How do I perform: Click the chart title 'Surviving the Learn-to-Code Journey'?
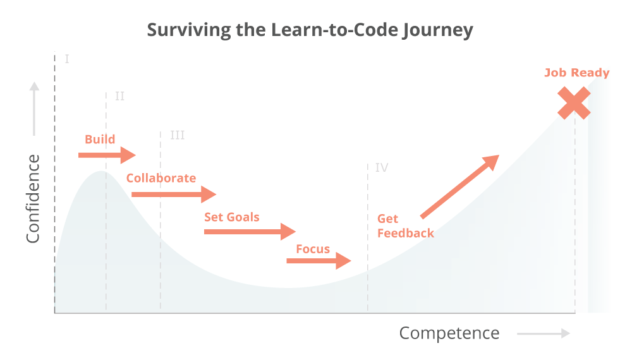coord(310,30)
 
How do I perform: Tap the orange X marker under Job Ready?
coord(574,104)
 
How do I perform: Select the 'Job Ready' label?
coord(576,73)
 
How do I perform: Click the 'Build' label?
coord(100,139)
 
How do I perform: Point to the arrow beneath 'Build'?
coord(107,155)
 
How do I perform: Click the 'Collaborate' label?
coord(161,178)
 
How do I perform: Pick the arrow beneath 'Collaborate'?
coord(173,195)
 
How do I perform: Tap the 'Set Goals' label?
coord(231,217)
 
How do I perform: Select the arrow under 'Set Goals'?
coord(250,232)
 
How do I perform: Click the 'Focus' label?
coord(313,249)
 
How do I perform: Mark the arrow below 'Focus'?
coord(319,260)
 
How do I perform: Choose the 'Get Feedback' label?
coord(405,226)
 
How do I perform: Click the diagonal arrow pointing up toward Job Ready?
coord(460,186)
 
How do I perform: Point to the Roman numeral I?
coord(66,59)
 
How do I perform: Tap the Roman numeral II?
coord(119,97)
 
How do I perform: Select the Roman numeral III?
coord(177,135)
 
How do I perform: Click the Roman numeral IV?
coord(381,167)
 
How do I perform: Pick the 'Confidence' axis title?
coord(33,198)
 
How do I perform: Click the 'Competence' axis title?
coord(449,333)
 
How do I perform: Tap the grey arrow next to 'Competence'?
coord(543,333)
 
